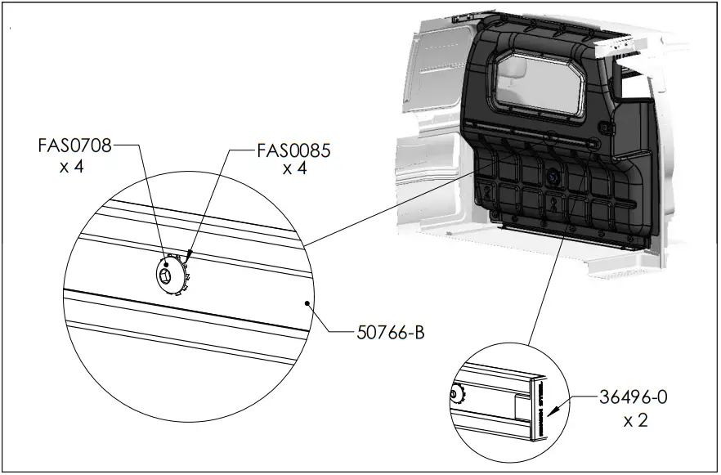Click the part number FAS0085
click(293, 150)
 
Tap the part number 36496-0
click(634, 398)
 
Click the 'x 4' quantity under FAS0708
click(72, 167)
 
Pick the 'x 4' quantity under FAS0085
click(294, 168)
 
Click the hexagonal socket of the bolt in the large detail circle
click(168, 276)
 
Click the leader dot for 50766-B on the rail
click(307, 302)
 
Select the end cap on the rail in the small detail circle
click(538, 408)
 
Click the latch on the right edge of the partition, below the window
click(607, 129)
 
